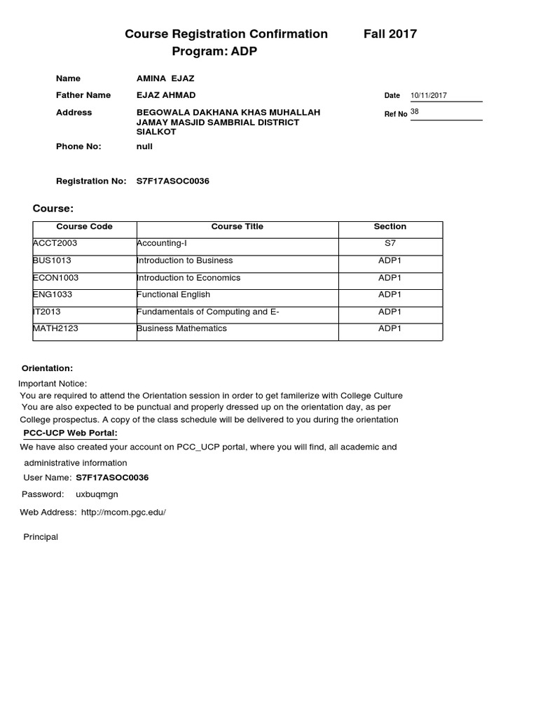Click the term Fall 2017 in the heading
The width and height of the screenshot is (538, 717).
[390, 34]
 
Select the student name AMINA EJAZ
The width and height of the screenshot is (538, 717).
[165, 78]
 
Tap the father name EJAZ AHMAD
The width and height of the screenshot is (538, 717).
[166, 95]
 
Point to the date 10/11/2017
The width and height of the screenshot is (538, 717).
[429, 95]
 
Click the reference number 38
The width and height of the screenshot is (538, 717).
[415, 111]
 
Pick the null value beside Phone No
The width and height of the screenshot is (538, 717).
[144, 146]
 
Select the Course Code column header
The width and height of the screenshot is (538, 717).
[84, 227]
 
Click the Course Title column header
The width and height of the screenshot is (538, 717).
[237, 227]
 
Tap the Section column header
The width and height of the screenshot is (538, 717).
[390, 227]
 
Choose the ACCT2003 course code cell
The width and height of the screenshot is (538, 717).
[55, 244]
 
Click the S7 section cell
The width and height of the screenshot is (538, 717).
[390, 244]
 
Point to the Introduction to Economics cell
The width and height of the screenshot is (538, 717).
[188, 278]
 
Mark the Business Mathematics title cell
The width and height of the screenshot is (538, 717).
[182, 329]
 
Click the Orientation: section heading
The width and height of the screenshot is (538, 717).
[47, 368]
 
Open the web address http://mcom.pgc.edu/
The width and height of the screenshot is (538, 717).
[123, 513]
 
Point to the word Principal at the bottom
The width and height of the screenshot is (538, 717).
[41, 537]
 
